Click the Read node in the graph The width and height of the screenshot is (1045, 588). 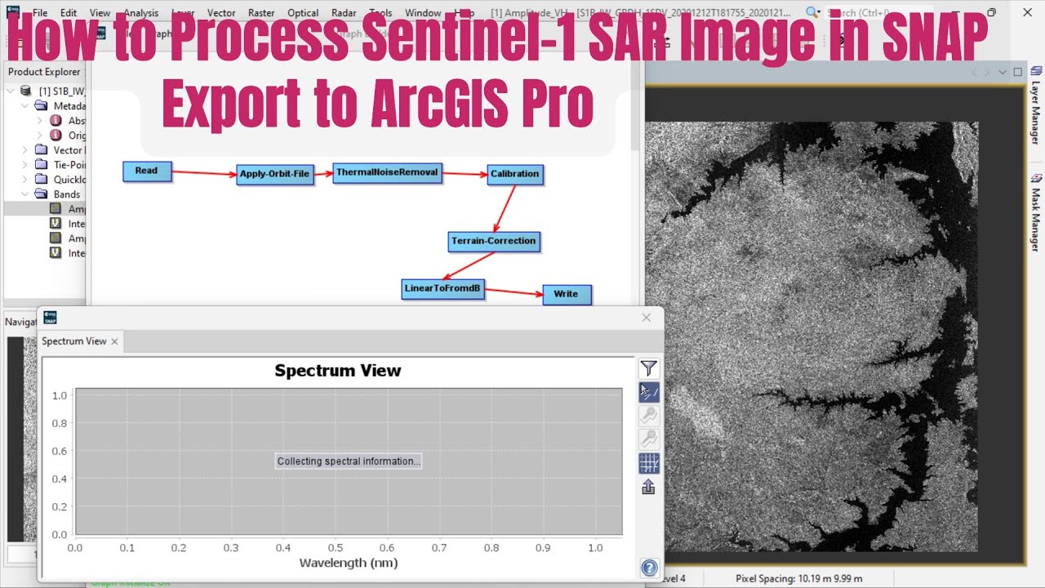(x=147, y=171)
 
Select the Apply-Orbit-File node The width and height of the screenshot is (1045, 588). (x=275, y=175)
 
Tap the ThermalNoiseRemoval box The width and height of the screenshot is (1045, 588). (x=387, y=172)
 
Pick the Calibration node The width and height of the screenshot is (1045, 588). (x=514, y=174)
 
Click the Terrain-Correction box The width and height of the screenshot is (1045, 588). (x=494, y=242)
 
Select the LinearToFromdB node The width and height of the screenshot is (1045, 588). (x=443, y=289)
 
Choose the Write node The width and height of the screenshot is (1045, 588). (x=566, y=295)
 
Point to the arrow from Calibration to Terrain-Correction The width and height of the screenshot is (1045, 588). (x=504, y=209)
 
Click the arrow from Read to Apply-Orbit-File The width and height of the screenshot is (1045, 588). (x=204, y=173)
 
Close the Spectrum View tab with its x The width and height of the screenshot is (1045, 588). (x=114, y=341)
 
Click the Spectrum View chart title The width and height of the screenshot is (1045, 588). (x=338, y=371)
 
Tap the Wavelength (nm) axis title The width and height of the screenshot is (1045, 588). (x=349, y=563)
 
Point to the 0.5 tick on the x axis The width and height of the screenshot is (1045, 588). (x=336, y=547)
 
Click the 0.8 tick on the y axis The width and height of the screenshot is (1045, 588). (x=60, y=423)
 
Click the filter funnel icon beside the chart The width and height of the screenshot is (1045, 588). (x=649, y=369)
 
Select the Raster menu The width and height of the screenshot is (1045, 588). (x=261, y=13)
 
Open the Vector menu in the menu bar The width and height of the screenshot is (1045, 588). (x=221, y=13)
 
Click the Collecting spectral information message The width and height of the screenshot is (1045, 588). (x=349, y=461)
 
